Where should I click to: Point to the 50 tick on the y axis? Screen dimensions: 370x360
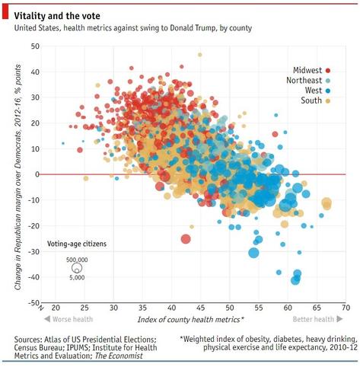pos(35,46)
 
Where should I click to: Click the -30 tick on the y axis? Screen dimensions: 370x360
pos(33,252)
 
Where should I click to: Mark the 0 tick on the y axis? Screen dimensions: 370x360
pos(37,175)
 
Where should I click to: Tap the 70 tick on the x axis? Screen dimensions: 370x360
pos(346,308)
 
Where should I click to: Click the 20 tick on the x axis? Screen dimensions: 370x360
pos(56,308)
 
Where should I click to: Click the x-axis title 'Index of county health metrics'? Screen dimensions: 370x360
pos(191,319)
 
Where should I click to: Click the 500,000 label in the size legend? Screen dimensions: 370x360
pos(77,260)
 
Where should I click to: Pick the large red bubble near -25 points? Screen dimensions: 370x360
pos(186,239)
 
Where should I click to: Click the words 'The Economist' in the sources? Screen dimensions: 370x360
pos(121,356)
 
